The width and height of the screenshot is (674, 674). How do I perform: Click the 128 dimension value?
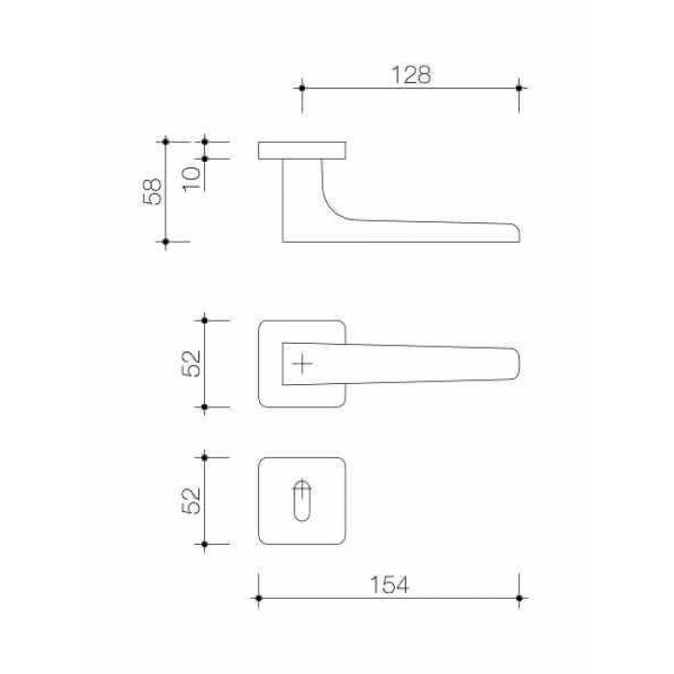pos(410,75)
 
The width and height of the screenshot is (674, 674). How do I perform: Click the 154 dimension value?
pos(389,584)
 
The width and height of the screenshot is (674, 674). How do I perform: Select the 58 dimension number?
pos(152,192)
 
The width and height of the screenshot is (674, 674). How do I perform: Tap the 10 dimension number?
pos(192,179)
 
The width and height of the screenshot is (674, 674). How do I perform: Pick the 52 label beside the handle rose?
pos(192,364)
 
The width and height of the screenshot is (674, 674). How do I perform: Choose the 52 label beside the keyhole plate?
pos(192,501)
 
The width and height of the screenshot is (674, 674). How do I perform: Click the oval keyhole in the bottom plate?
pos(301,501)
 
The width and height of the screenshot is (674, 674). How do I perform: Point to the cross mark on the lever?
pos(302,364)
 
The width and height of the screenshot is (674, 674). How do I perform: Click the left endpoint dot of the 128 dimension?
pos(302,89)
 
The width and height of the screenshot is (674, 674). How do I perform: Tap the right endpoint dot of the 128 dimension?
pos(519,89)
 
